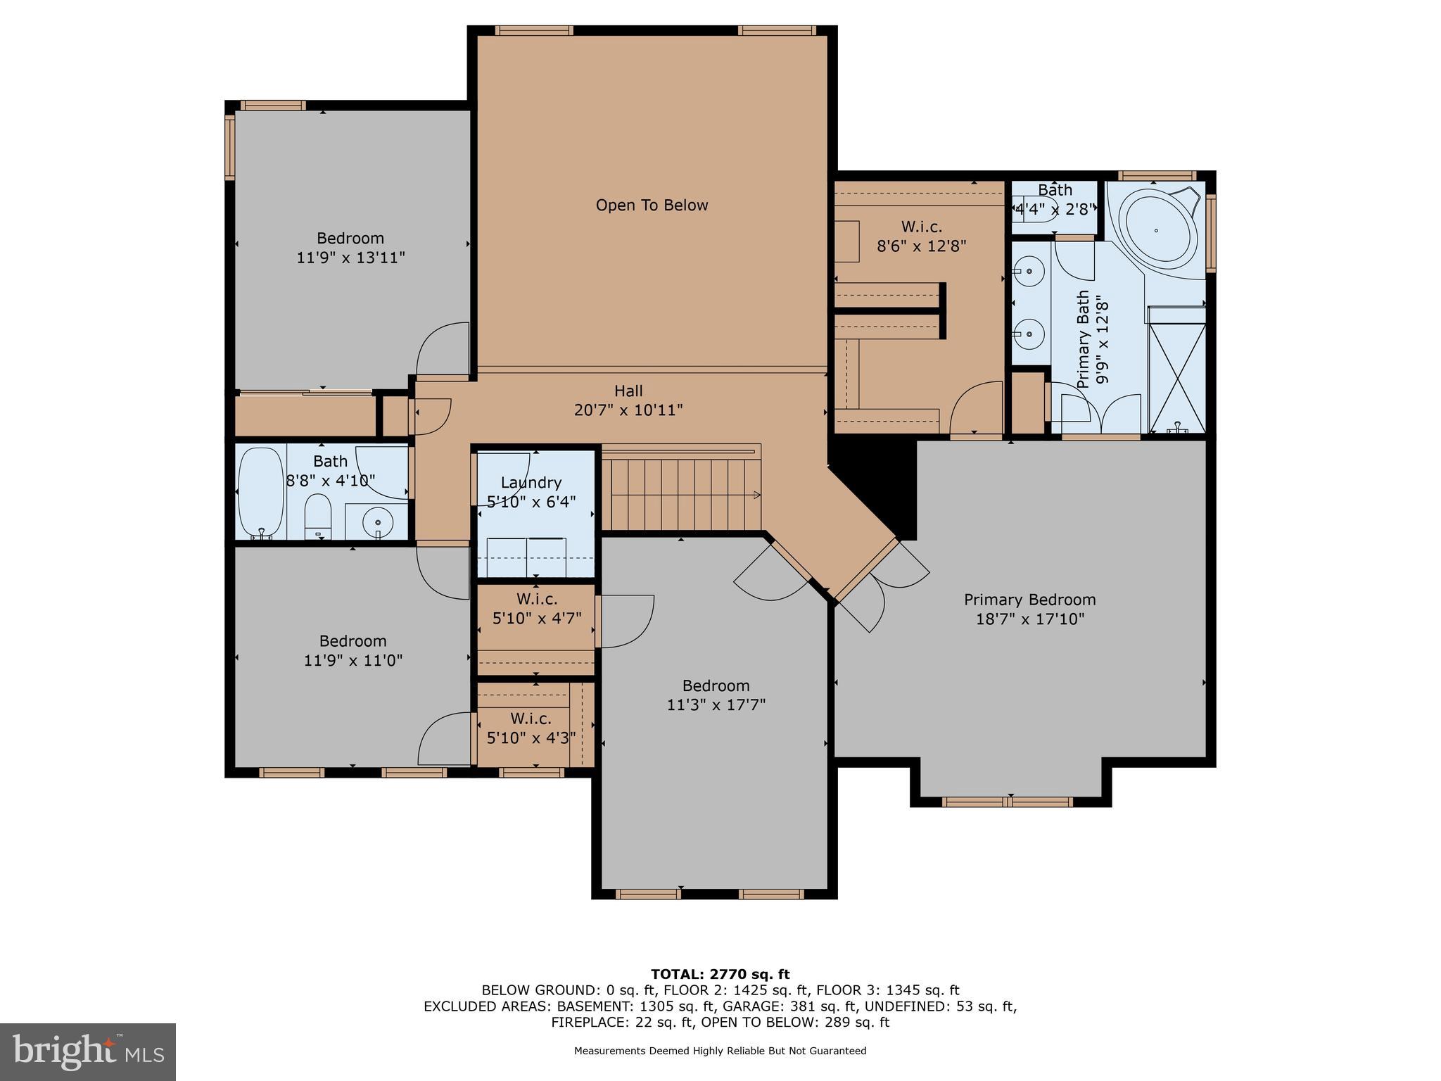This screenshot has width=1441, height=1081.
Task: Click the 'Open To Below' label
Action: pyautogui.click(x=652, y=206)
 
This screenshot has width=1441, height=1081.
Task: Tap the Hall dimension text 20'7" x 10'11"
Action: pyautogui.click(x=628, y=410)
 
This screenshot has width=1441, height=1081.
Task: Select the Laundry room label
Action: pyautogui.click(x=531, y=483)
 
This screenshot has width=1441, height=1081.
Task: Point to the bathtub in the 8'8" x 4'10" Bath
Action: pyautogui.click(x=260, y=493)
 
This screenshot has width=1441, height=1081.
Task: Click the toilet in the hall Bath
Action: pyautogui.click(x=318, y=515)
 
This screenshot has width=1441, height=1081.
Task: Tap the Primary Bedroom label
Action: pyautogui.click(x=1029, y=600)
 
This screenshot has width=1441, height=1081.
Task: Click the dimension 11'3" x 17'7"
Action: pyautogui.click(x=716, y=705)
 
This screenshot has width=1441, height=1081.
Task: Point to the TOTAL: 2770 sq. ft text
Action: pyautogui.click(x=720, y=974)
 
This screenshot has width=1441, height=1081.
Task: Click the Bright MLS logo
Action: pyautogui.click(x=88, y=1051)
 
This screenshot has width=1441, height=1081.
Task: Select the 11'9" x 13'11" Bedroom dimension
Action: pyautogui.click(x=350, y=258)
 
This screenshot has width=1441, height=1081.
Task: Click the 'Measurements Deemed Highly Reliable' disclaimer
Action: pyautogui.click(x=720, y=1051)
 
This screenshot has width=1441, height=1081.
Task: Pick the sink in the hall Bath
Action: pyautogui.click(x=379, y=522)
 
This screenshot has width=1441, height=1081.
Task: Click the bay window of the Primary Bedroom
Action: pyautogui.click(x=1008, y=801)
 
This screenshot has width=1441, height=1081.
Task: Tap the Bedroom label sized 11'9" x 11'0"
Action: pyautogui.click(x=353, y=641)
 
